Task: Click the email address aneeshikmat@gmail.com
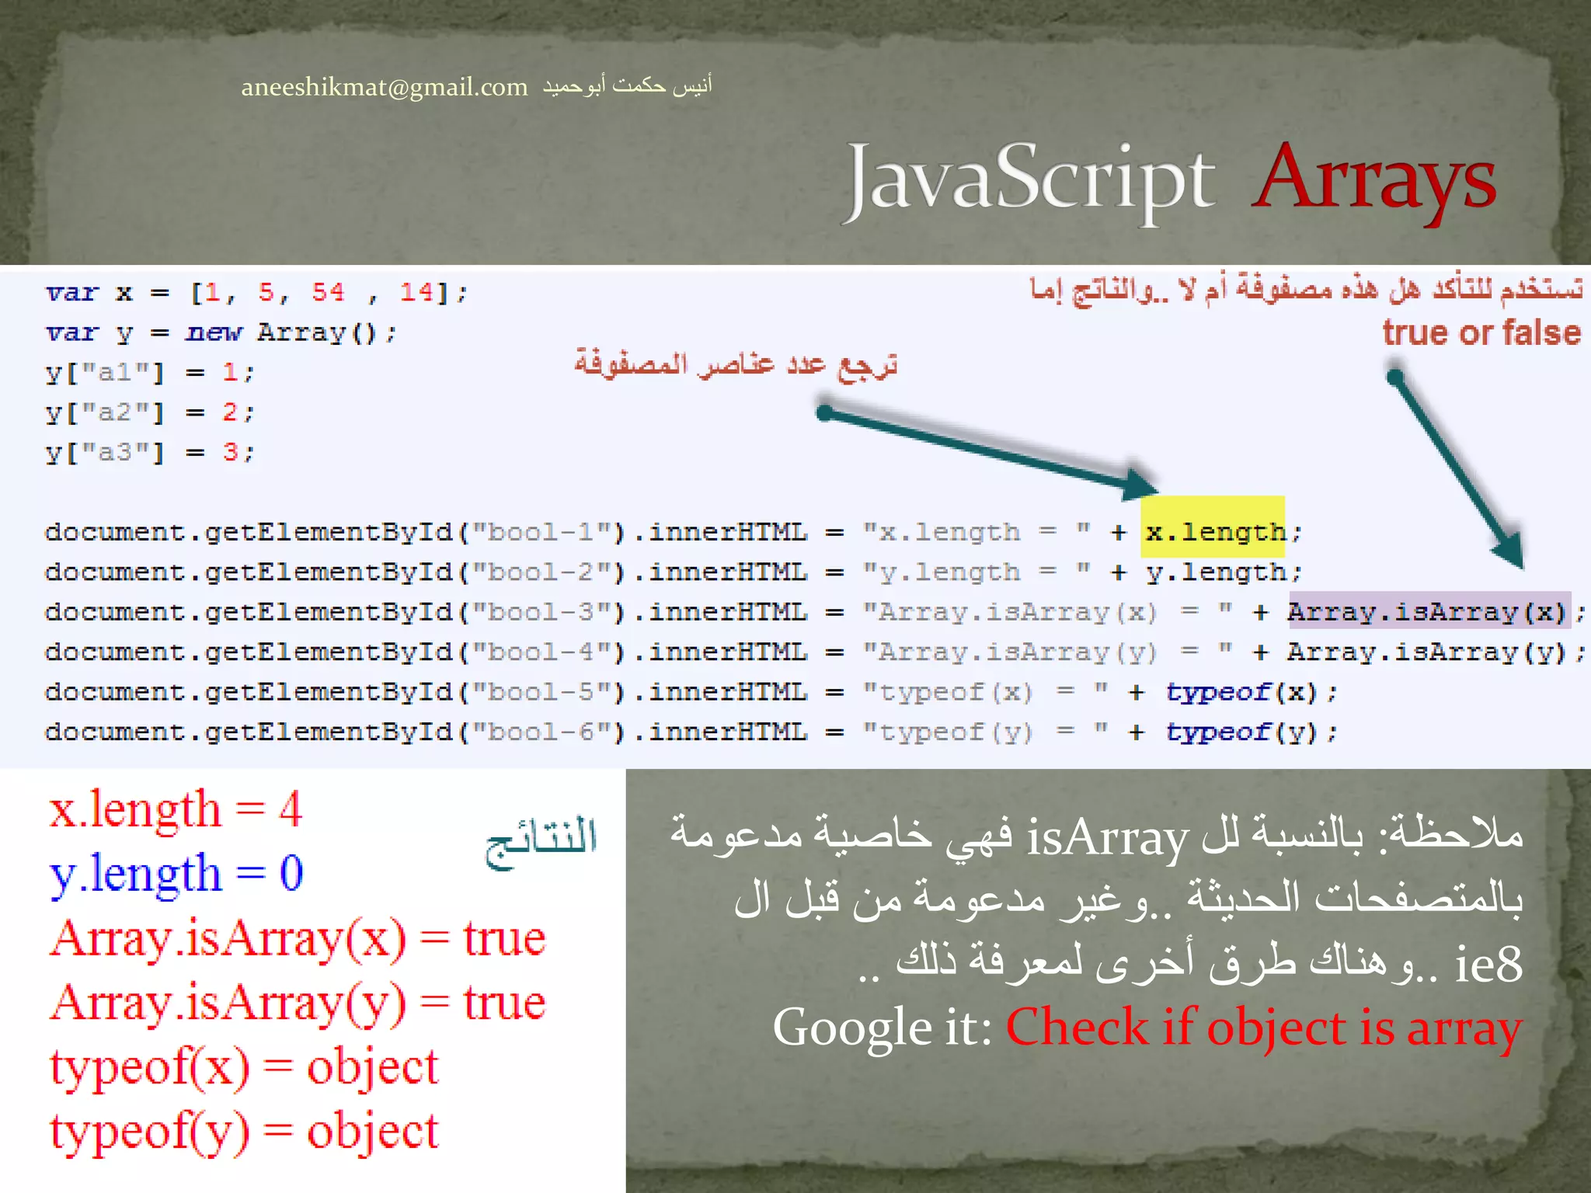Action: (384, 87)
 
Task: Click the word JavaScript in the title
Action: (1030, 182)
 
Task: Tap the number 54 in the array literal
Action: (328, 293)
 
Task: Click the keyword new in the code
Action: (214, 333)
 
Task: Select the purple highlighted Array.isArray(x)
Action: (1426, 612)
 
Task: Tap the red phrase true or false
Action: (1481, 332)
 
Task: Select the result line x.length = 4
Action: (176, 809)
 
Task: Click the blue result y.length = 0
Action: (176, 873)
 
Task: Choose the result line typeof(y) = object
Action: (244, 1131)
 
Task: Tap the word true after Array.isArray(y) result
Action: (505, 1002)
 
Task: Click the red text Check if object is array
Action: (1263, 1028)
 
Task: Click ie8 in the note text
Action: (1488, 965)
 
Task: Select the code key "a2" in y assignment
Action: (116, 412)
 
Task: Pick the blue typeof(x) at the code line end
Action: (1241, 692)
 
